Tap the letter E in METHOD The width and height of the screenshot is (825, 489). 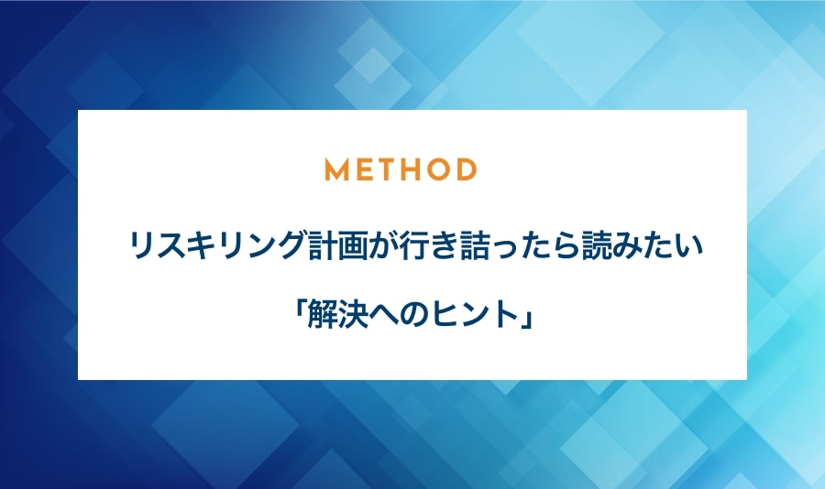pyautogui.click(x=361, y=169)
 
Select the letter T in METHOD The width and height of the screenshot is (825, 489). pyautogui.click(x=383, y=169)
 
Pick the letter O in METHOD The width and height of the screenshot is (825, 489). pyautogui.click(x=436, y=169)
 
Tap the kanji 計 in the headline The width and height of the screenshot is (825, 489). pyautogui.click(x=322, y=246)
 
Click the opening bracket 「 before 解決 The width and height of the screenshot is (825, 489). pyautogui.click(x=300, y=310)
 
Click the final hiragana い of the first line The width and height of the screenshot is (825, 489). pyautogui.click(x=688, y=247)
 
